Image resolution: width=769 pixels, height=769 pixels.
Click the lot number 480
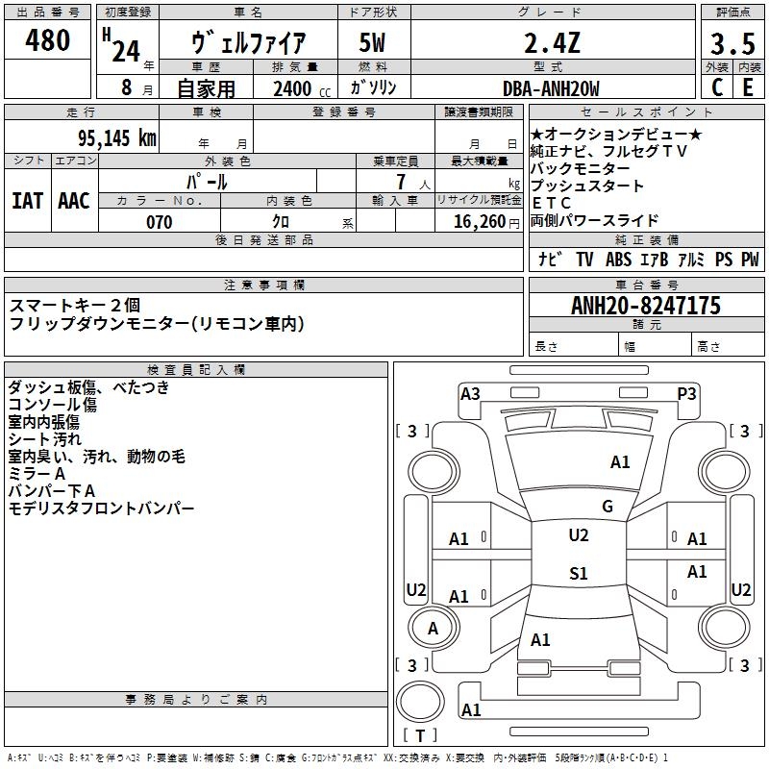(47, 39)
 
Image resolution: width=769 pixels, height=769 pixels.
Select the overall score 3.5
(732, 43)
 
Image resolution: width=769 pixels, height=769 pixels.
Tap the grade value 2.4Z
(552, 42)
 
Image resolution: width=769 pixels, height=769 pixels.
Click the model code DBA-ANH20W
(551, 88)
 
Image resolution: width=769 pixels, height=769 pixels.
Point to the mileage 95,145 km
(117, 137)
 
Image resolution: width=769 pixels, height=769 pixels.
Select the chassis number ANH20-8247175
(646, 306)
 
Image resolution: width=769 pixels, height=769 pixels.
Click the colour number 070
(160, 222)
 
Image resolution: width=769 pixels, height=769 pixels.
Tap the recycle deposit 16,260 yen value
(486, 222)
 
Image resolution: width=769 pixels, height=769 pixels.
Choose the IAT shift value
(28, 201)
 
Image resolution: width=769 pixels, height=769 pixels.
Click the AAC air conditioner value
(74, 201)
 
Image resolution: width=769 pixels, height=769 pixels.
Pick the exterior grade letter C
(717, 87)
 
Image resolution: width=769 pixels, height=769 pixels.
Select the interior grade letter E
(748, 87)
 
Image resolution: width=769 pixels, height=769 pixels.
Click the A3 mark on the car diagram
(470, 394)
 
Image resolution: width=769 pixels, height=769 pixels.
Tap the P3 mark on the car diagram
(686, 394)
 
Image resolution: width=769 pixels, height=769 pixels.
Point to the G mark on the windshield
(608, 507)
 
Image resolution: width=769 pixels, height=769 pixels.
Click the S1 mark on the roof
(579, 573)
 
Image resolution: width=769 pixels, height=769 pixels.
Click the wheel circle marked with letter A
(434, 628)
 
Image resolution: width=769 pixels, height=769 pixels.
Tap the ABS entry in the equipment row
(618, 260)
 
